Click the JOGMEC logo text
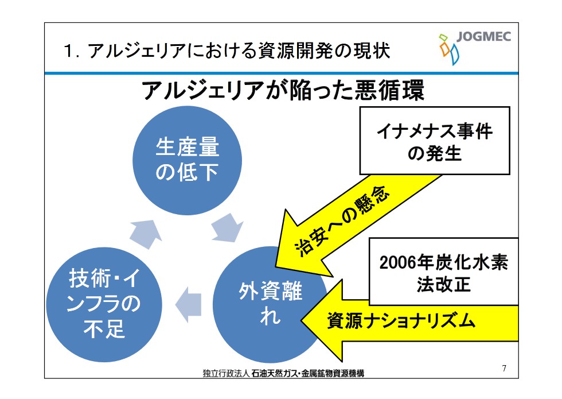pyautogui.click(x=484, y=38)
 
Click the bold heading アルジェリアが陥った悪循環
pyautogui.click(x=282, y=91)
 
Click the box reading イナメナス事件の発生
pyautogui.click(x=434, y=141)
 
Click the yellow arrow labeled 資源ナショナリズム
pyautogui.click(x=401, y=321)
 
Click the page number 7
pyautogui.click(x=504, y=368)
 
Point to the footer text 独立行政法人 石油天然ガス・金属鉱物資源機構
pyautogui.click(x=283, y=373)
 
